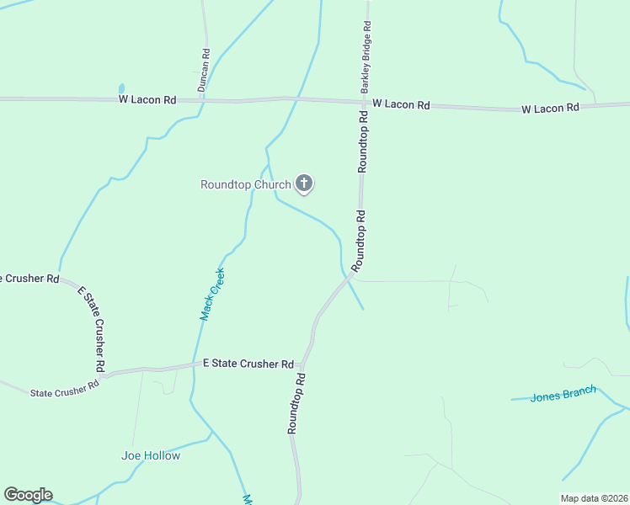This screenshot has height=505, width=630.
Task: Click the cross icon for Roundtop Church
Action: [x=304, y=183]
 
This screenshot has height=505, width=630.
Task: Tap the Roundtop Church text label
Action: [x=246, y=184]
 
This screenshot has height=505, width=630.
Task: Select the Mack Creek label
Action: [x=211, y=294]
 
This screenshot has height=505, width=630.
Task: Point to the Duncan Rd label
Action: [x=204, y=70]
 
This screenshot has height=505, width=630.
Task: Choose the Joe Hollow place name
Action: [x=151, y=455]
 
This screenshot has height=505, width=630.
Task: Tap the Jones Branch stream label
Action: [x=563, y=394]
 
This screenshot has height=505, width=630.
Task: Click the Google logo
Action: [x=28, y=495]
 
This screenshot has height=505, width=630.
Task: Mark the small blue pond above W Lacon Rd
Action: [x=122, y=88]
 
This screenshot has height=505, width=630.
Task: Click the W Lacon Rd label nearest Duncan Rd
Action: [x=147, y=99]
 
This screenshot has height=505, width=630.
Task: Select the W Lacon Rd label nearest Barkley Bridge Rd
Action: [x=401, y=104]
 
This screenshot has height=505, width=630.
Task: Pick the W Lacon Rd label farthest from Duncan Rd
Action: [x=550, y=108]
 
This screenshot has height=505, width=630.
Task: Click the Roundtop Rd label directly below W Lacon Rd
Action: [x=363, y=142]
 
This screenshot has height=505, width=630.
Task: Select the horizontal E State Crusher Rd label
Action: [x=248, y=364]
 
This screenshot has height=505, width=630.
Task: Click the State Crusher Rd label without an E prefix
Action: [x=64, y=388]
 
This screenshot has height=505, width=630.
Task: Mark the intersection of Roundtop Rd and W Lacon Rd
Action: [x=365, y=103]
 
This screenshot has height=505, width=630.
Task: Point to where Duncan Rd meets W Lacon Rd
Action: [x=202, y=100]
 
